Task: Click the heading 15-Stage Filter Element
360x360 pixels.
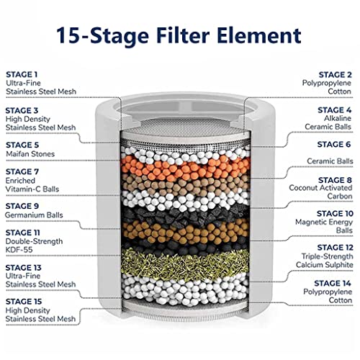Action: tap(179, 36)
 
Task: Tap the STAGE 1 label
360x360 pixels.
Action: tap(22, 74)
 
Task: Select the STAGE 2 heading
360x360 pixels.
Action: tap(335, 75)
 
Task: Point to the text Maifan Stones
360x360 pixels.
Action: tap(30, 154)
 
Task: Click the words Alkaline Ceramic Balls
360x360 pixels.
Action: tap(328, 122)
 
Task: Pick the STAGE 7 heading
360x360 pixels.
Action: tap(22, 171)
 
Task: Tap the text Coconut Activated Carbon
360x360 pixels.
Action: tap(320, 192)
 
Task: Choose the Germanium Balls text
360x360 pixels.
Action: tap(34, 215)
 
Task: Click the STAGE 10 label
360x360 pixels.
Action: tap(335, 213)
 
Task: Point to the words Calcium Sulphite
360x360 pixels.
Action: tap(325, 265)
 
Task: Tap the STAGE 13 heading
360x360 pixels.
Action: tap(24, 268)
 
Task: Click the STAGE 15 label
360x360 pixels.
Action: tap(24, 302)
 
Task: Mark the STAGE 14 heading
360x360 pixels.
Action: tap(333, 284)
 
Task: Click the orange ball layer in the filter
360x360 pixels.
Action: tap(185, 168)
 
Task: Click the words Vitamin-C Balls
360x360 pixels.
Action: tap(32, 189)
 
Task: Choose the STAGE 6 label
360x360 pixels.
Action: tap(334, 145)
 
